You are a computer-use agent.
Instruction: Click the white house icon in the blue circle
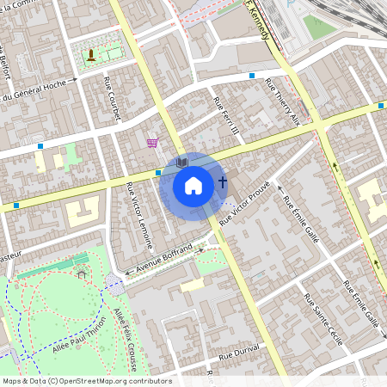tap(193, 185)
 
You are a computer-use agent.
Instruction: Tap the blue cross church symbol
tap(223, 182)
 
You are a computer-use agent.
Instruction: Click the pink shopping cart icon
tap(152, 143)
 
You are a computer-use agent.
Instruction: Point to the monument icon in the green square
tap(91, 57)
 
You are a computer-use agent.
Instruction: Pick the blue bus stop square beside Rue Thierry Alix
tap(252, 76)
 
